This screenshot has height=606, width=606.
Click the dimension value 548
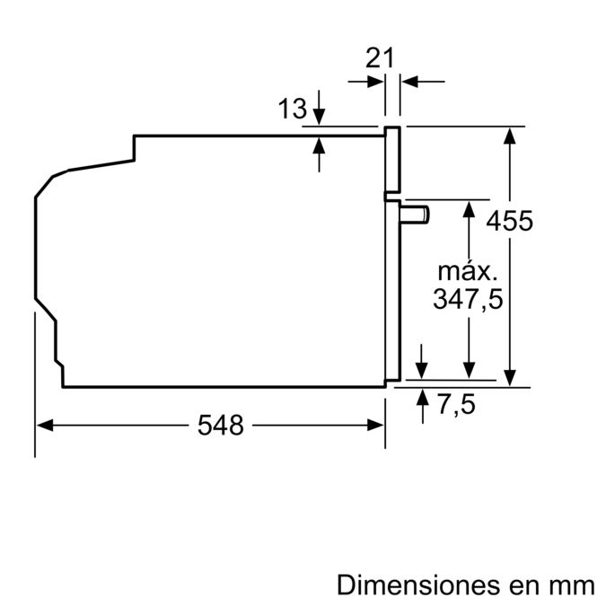[221, 426]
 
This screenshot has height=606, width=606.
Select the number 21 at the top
[381, 59]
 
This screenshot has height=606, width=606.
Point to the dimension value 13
[293, 110]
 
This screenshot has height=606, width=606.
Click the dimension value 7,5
[457, 405]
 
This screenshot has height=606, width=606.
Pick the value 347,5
[467, 299]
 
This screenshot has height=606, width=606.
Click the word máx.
[467, 270]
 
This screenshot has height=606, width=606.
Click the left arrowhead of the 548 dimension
[42, 426]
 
